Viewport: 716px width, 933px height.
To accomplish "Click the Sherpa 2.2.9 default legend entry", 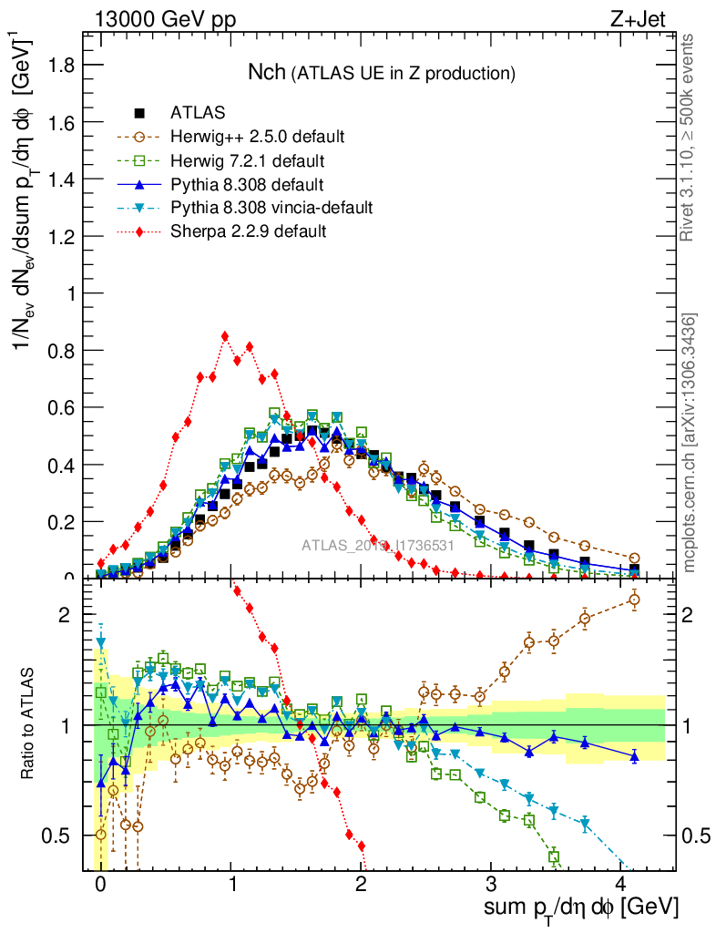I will (248, 231).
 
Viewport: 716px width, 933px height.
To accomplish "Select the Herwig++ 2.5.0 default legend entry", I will (257, 137).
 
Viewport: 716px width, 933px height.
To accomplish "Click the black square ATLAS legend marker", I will (139, 113).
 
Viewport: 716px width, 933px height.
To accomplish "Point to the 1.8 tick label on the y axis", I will (61, 65).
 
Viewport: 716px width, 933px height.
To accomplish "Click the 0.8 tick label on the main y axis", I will (61, 351).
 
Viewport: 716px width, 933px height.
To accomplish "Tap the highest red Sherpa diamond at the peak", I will (225, 336).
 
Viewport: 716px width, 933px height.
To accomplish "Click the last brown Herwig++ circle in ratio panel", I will (635, 599).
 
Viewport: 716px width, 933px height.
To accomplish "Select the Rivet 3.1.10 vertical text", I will (690, 137).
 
